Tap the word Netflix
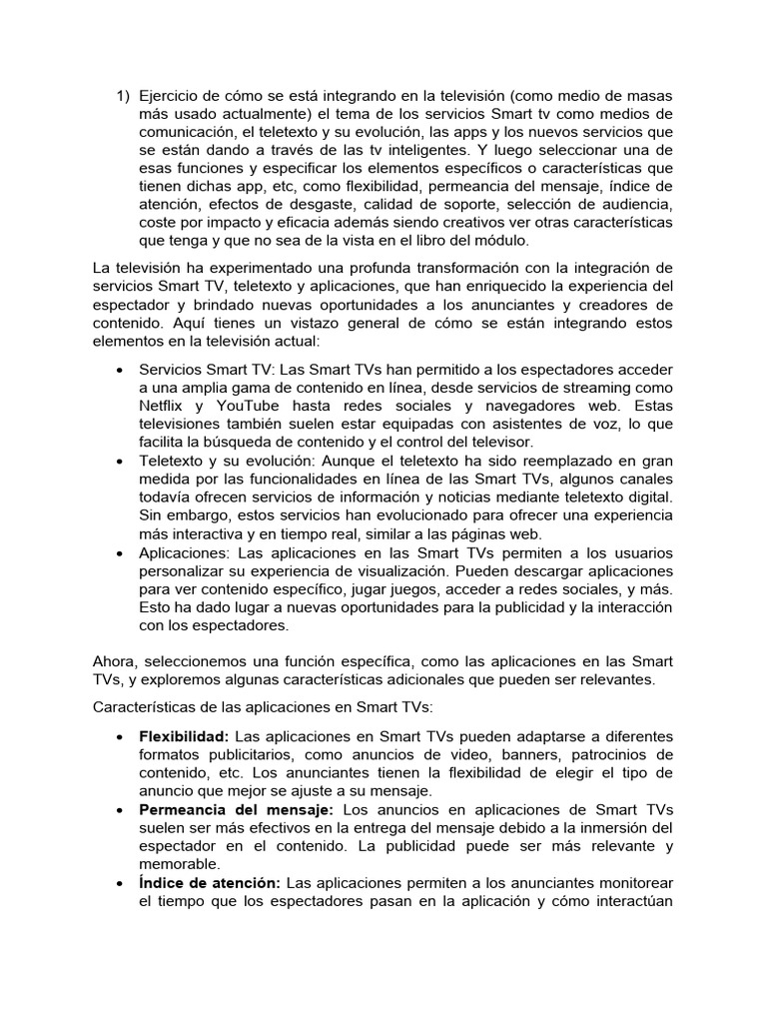(166, 407)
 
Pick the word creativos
(467, 221)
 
